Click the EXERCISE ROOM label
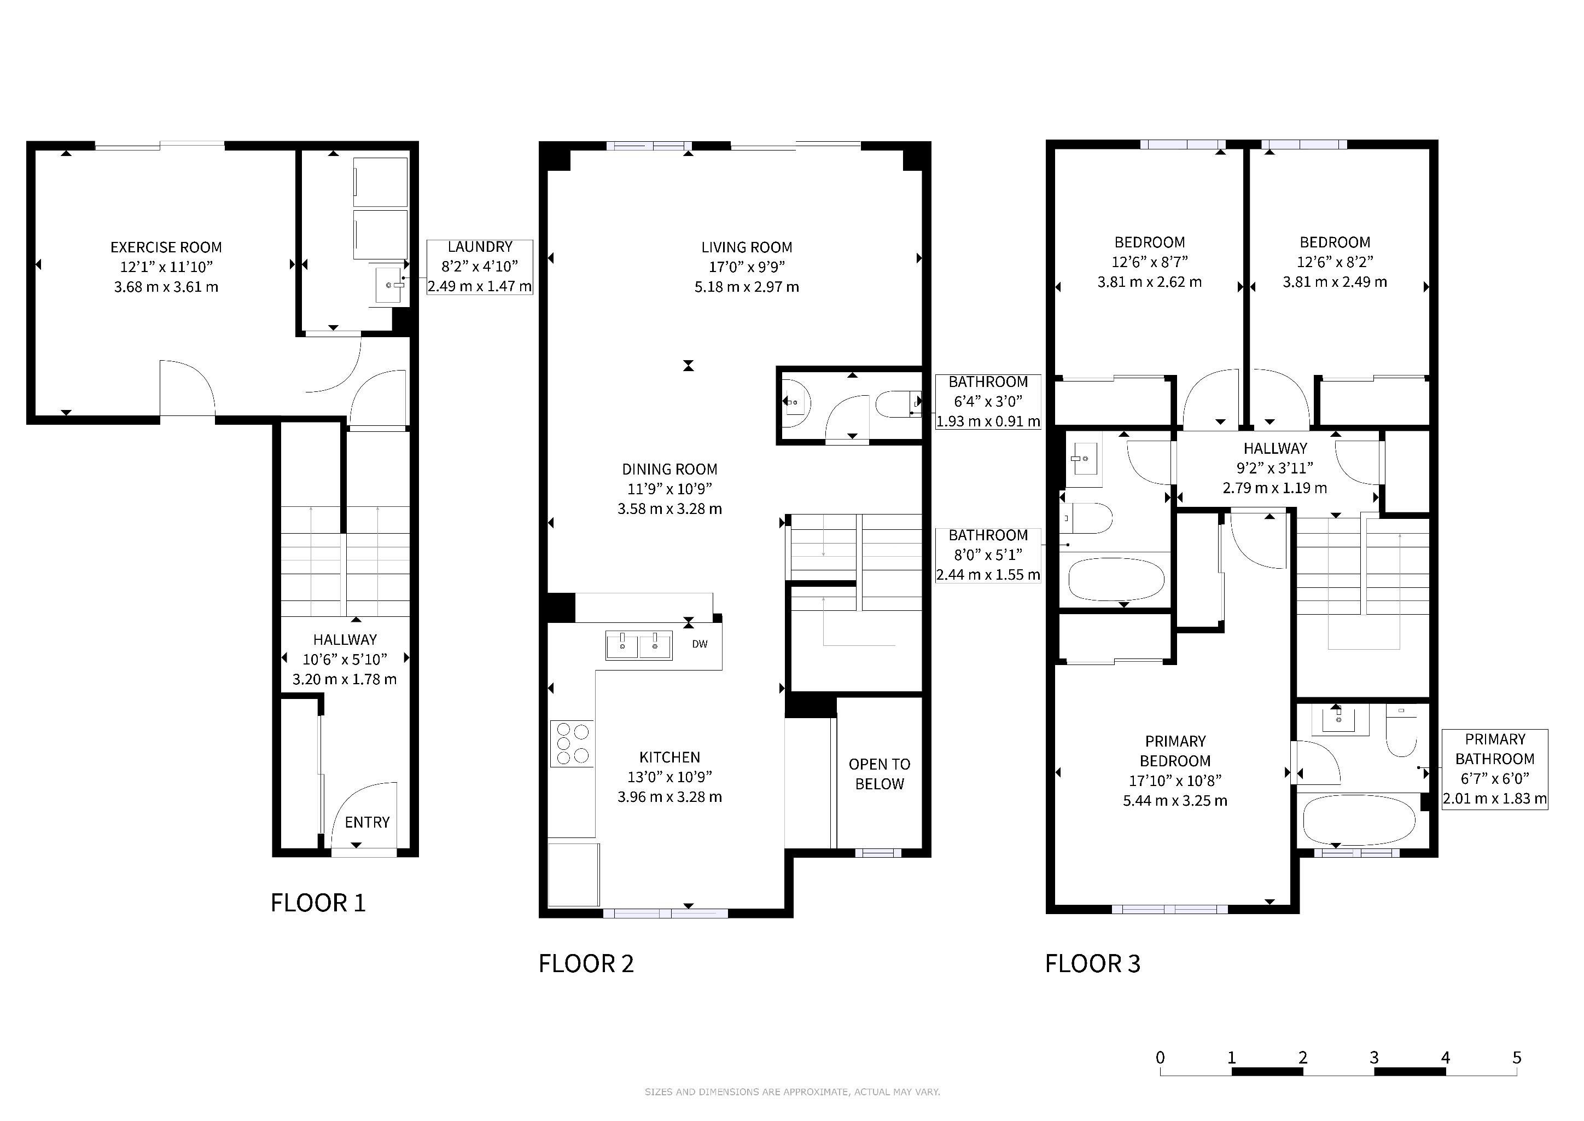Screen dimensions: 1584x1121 (x=166, y=247)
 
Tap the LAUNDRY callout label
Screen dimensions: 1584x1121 (x=480, y=246)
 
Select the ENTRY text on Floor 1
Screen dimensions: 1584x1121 (x=367, y=822)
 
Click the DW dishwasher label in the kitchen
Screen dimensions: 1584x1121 (x=700, y=644)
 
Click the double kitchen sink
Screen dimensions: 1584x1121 (x=639, y=645)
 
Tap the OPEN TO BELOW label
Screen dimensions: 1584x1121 (x=880, y=774)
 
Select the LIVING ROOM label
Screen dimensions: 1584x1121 (x=747, y=247)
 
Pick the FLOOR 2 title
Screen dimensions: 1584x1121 (x=586, y=963)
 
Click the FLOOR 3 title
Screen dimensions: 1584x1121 (x=1092, y=963)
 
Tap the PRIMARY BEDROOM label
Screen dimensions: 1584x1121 (x=1175, y=751)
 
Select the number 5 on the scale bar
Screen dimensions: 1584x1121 (x=1516, y=1058)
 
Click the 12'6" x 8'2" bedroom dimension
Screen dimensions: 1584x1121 (x=1335, y=262)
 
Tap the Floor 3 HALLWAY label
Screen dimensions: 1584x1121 (x=1275, y=448)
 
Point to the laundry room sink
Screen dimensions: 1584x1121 (x=391, y=285)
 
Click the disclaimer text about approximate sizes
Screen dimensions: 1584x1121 (x=792, y=1092)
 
